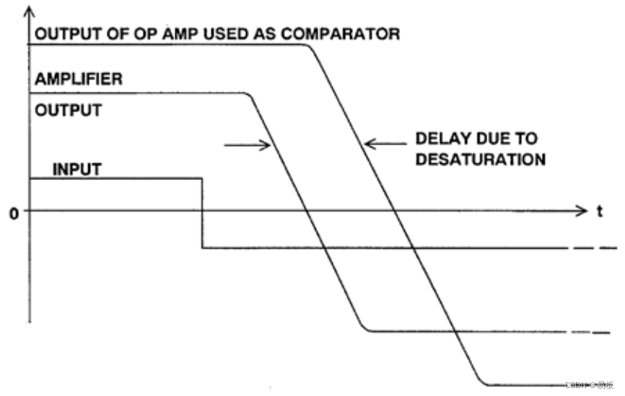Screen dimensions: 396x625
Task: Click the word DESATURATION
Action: click(480, 159)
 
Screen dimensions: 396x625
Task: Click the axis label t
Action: click(600, 212)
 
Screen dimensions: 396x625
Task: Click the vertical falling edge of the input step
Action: click(201, 213)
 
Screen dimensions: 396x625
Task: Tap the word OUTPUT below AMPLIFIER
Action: click(68, 112)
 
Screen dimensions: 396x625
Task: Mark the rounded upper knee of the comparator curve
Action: click(309, 47)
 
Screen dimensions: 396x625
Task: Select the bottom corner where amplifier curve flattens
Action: click(366, 330)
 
